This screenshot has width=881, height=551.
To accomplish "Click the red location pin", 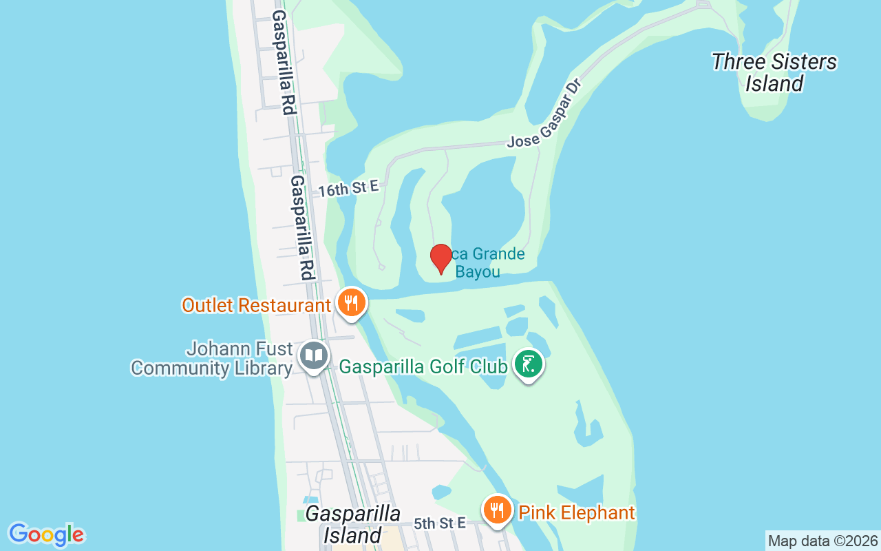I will coord(440,258).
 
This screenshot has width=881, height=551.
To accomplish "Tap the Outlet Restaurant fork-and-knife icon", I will coord(351,302).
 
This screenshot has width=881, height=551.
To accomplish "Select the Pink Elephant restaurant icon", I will coord(496,510).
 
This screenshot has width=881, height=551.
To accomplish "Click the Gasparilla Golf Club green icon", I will coord(528,364).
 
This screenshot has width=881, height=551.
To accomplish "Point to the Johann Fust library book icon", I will coord(314,356).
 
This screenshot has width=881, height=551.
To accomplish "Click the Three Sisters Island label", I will coord(774,72).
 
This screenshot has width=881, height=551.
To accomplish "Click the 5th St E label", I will coord(440,523).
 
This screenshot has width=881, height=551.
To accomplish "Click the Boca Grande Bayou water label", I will coord(482,263).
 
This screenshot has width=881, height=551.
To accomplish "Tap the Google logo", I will coord(46,534).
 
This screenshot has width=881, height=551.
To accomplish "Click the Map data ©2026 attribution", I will coord(822,541).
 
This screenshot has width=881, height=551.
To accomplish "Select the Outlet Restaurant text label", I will coord(256,305).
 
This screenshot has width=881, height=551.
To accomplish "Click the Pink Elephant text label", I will coord(576,513).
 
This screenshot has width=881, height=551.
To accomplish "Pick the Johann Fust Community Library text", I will coord(212,358).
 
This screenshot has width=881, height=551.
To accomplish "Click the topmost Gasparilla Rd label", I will coord(284,62).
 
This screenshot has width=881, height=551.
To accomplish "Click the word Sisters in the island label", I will coord(795,62).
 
